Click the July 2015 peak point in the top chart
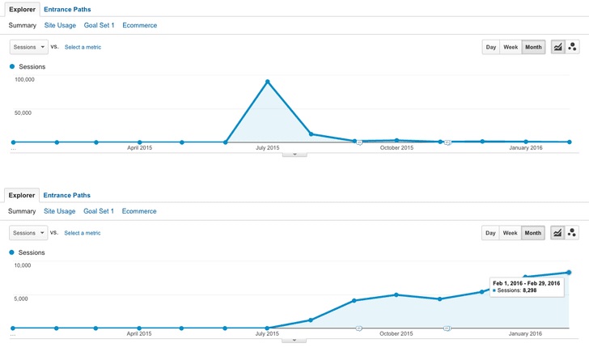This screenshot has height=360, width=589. [267, 82]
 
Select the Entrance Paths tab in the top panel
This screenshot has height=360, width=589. [66, 9]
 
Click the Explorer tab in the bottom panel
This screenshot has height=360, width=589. [22, 195]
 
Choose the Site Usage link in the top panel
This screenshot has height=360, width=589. [60, 26]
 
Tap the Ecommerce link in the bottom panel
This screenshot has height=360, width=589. [139, 211]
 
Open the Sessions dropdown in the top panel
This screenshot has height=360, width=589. [28, 48]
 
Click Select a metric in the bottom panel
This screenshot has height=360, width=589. [83, 233]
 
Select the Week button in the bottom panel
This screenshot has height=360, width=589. [511, 233]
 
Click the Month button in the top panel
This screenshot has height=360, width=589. [533, 48]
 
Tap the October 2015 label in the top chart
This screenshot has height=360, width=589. [396, 148]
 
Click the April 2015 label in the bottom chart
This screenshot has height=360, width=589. [140, 332]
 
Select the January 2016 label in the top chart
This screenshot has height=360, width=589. [526, 148]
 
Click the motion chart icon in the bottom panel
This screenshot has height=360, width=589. [573, 233]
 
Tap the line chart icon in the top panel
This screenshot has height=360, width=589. [558, 48]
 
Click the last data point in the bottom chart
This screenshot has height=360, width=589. [569, 273]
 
